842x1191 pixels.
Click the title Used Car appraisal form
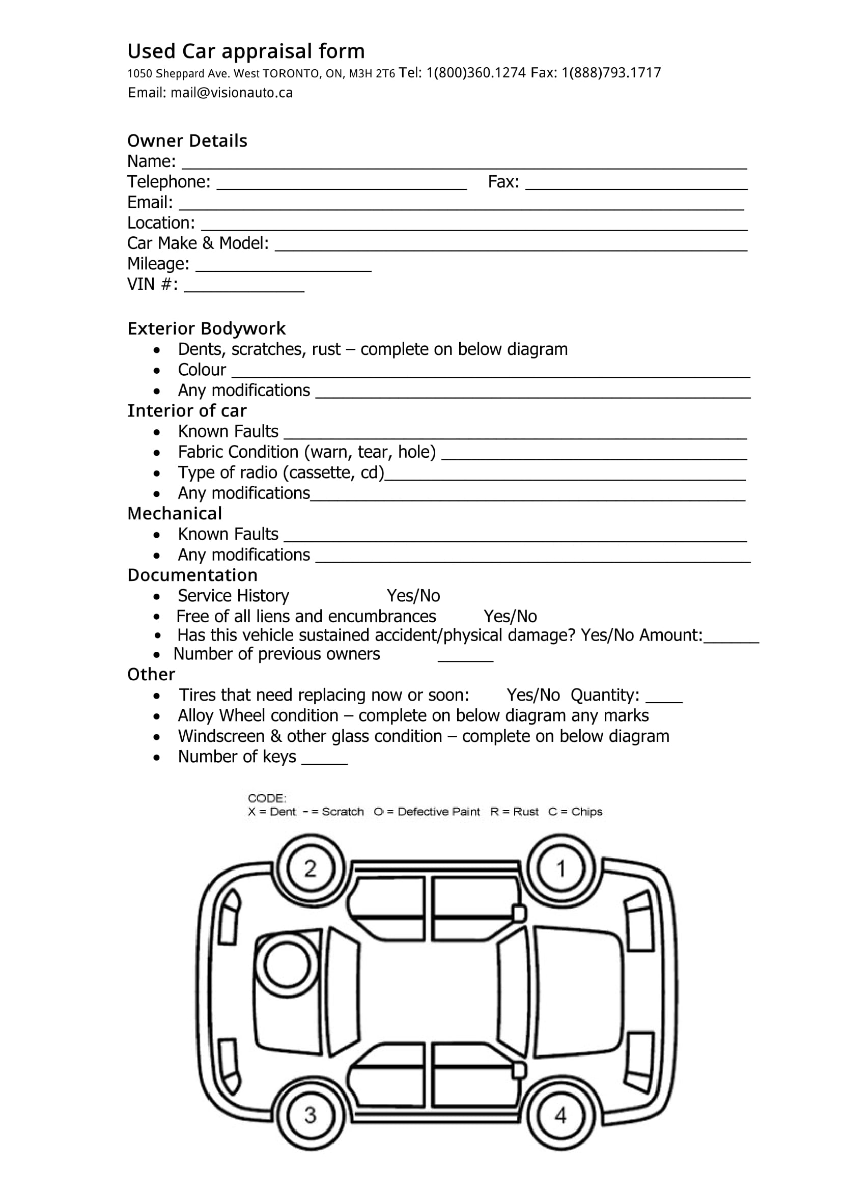point(246,51)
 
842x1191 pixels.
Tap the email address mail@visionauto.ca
point(231,93)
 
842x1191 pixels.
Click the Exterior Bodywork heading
point(206,329)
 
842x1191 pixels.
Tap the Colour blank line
point(490,373)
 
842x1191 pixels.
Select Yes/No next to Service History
point(413,596)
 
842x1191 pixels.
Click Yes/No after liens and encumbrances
point(510,617)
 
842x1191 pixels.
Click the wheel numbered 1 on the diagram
point(560,869)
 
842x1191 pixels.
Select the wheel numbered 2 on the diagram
point(310,869)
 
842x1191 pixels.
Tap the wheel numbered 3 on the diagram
point(310,1115)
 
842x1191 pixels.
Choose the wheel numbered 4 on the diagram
point(560,1115)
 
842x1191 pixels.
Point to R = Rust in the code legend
point(514,812)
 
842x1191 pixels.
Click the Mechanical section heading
point(175,514)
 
